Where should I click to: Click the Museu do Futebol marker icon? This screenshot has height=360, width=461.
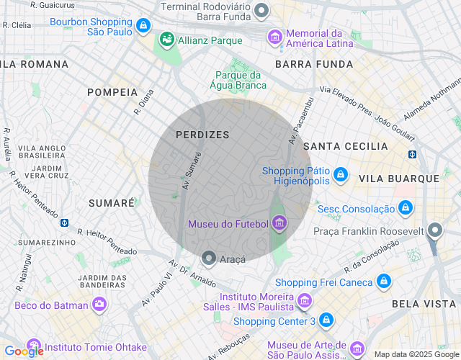click(x=279, y=225)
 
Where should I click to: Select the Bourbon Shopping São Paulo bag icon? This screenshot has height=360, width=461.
click(x=144, y=27)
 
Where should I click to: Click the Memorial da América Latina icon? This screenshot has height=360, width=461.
click(x=274, y=37)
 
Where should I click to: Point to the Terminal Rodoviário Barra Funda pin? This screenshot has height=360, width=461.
click(x=261, y=10)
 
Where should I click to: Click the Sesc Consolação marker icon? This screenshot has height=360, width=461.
click(x=406, y=208)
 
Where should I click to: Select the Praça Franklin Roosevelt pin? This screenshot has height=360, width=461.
click(x=434, y=230)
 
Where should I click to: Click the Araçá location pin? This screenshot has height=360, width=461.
click(x=209, y=258)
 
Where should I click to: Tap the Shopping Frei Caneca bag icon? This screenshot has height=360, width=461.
click(x=383, y=282)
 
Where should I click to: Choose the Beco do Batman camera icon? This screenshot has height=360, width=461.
click(x=99, y=305)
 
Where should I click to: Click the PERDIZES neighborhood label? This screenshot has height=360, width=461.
click(x=202, y=135)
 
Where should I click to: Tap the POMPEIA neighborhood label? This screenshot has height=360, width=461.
click(x=112, y=92)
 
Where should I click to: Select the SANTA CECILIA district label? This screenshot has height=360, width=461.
click(x=346, y=146)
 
